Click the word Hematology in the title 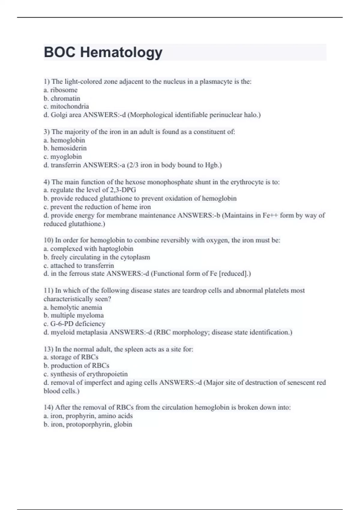pos(121,52)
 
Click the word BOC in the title pos(59,52)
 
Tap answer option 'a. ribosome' pos(61,90)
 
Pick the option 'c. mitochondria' pos(66,106)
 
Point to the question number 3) pos(47,132)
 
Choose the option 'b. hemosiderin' pos(65,148)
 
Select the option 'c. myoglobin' pos(63,157)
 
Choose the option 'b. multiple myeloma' pos(74,315)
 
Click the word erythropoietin pos(107,374)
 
